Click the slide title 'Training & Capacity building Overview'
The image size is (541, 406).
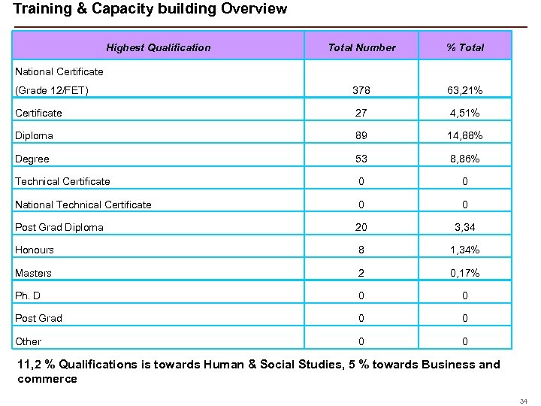pyautogui.click(x=150, y=9)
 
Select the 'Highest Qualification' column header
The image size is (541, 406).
pyautogui.click(x=159, y=47)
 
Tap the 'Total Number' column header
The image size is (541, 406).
pyautogui.click(x=361, y=47)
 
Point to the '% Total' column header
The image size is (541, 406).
pyautogui.click(x=465, y=47)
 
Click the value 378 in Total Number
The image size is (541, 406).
pyautogui.click(x=361, y=91)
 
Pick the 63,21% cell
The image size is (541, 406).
pyautogui.click(x=465, y=91)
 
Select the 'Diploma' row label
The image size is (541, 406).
pyautogui.click(x=34, y=136)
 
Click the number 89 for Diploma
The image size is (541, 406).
pyautogui.click(x=361, y=136)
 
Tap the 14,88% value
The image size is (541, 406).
pyautogui.click(x=465, y=136)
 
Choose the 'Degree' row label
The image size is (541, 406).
pyautogui.click(x=32, y=159)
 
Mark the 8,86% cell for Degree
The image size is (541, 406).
pyautogui.click(x=465, y=159)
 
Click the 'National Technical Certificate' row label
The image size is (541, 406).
pyautogui.click(x=83, y=205)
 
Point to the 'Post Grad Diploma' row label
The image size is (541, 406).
pyautogui.click(x=59, y=227)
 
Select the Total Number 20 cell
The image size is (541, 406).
pyautogui.click(x=361, y=227)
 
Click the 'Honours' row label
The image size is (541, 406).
pyautogui.click(x=35, y=250)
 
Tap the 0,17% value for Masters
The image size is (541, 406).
pyautogui.click(x=465, y=273)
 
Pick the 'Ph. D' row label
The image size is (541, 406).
pyautogui.click(x=28, y=295)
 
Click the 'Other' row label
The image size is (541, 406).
pyautogui.click(x=29, y=341)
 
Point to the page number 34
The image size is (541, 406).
pyautogui.click(x=524, y=401)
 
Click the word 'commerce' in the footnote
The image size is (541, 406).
pyautogui.click(x=47, y=379)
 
